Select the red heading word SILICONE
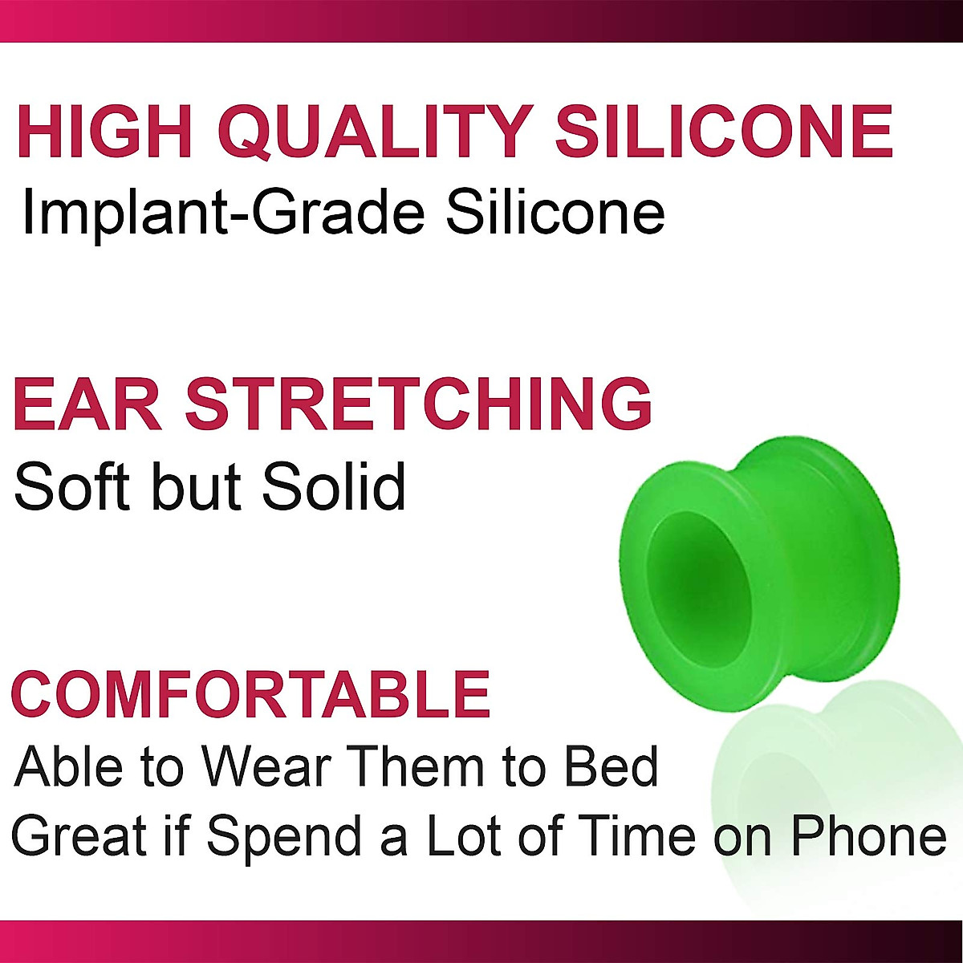coord(725,131)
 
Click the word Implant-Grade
coord(222,213)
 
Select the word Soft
coord(76,486)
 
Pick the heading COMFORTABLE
coord(250,694)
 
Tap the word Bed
coord(612,766)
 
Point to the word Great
coord(81,837)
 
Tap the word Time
coord(638,837)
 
